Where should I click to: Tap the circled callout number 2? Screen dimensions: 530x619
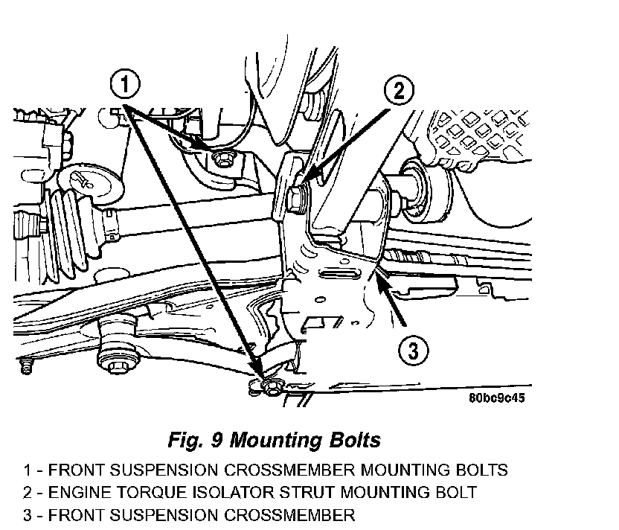pyautogui.click(x=400, y=91)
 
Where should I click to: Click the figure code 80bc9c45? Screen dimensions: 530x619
pyautogui.click(x=498, y=398)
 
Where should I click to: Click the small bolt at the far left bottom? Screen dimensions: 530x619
pyautogui.click(x=28, y=368)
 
